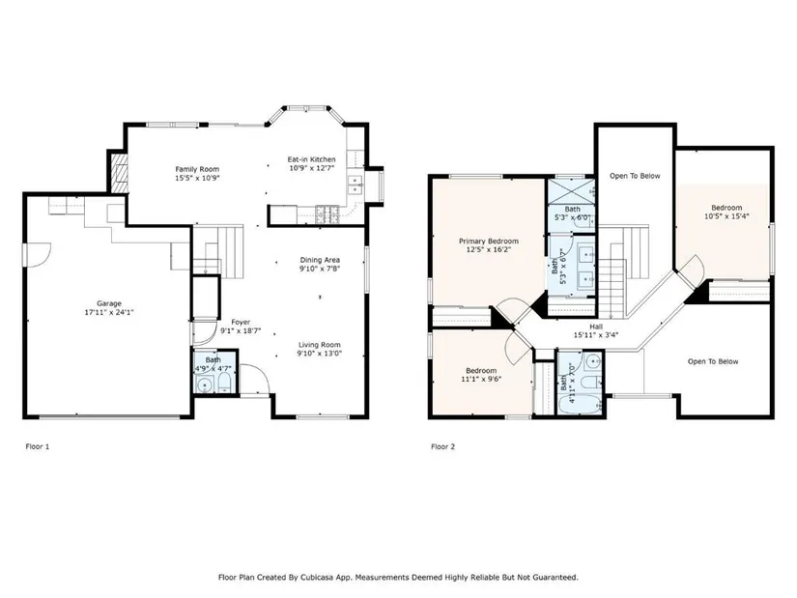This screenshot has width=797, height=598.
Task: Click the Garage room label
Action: (109, 303)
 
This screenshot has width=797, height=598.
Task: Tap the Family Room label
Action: (197, 169)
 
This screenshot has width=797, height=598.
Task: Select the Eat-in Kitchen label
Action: (312, 159)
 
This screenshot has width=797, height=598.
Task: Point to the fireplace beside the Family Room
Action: (119, 172)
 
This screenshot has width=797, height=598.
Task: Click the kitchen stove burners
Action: (327, 211)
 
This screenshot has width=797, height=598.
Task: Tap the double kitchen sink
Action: (355, 185)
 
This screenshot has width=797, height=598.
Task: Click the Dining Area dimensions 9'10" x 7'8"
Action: (320, 269)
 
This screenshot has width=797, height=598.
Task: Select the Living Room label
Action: (320, 345)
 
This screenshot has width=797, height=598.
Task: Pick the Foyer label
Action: (241, 323)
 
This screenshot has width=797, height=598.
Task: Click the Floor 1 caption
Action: (38, 447)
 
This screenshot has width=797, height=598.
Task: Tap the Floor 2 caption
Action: (443, 447)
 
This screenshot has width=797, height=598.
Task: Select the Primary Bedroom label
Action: (489, 241)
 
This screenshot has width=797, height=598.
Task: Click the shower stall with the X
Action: (571, 191)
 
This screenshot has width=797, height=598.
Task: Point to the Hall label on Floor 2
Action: (596, 327)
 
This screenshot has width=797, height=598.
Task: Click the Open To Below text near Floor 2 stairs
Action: (635, 176)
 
